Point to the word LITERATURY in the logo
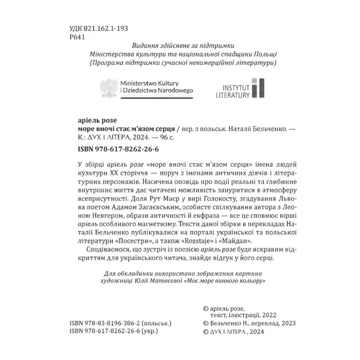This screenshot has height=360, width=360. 232,95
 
